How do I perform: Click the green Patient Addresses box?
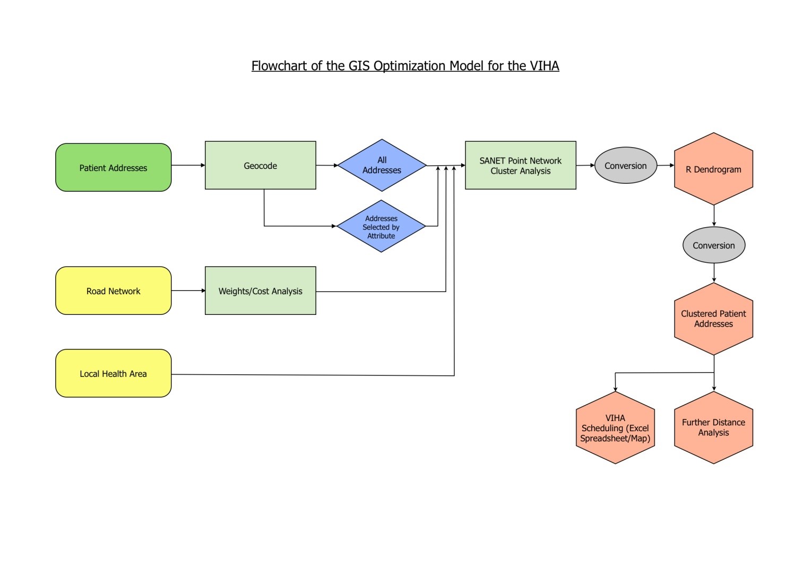[x=113, y=167]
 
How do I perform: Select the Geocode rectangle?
[x=260, y=165]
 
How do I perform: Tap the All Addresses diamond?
[x=382, y=165]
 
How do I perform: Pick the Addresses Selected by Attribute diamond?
[x=381, y=226]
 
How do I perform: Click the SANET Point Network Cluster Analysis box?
[x=520, y=165]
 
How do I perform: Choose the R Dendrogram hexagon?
[x=713, y=169]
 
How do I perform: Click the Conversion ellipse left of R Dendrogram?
[x=625, y=165]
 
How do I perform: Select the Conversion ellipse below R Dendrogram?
[x=713, y=245]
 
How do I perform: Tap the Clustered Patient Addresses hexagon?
[x=713, y=319]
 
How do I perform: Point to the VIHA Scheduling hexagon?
[x=615, y=427]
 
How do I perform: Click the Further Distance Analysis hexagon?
[x=713, y=427]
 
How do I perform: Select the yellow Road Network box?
[x=113, y=290]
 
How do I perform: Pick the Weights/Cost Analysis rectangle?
[x=260, y=290]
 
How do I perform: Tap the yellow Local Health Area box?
[x=113, y=373]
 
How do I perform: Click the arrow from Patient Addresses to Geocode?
[x=188, y=165]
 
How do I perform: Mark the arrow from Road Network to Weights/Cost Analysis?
[x=188, y=290]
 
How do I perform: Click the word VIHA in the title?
[x=544, y=66]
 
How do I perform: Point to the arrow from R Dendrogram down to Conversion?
[x=714, y=216]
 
